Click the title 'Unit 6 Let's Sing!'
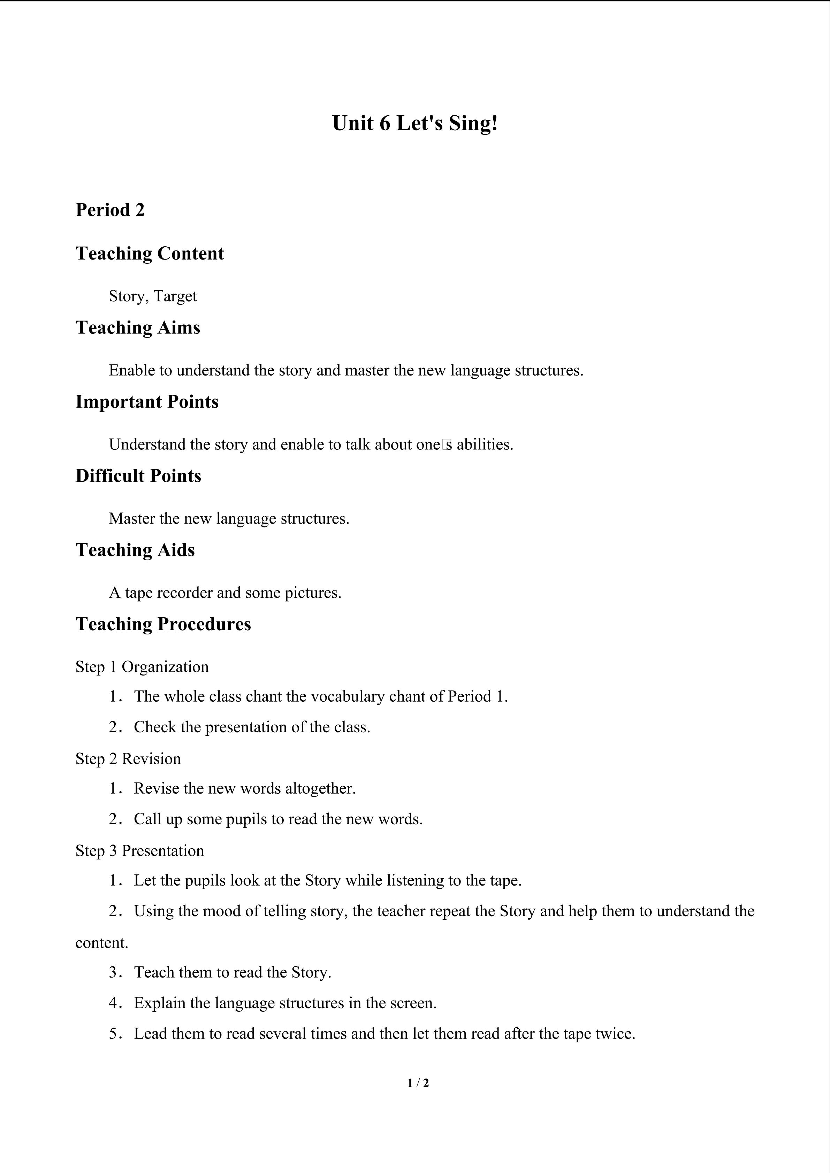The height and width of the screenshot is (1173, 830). click(414, 123)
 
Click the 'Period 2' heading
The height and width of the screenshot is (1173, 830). click(110, 210)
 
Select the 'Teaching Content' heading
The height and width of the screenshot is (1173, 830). click(150, 253)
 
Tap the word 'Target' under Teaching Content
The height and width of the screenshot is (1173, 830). click(175, 296)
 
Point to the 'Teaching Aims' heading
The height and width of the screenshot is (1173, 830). click(138, 327)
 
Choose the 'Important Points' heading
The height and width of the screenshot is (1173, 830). click(147, 402)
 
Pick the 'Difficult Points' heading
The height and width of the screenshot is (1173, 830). click(138, 476)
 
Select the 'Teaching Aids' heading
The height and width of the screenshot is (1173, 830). click(136, 550)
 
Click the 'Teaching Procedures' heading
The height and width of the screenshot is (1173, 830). click(163, 624)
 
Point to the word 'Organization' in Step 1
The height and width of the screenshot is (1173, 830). click(165, 667)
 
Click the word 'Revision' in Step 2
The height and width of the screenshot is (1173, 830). click(151, 759)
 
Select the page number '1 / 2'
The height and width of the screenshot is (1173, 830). click(418, 1082)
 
